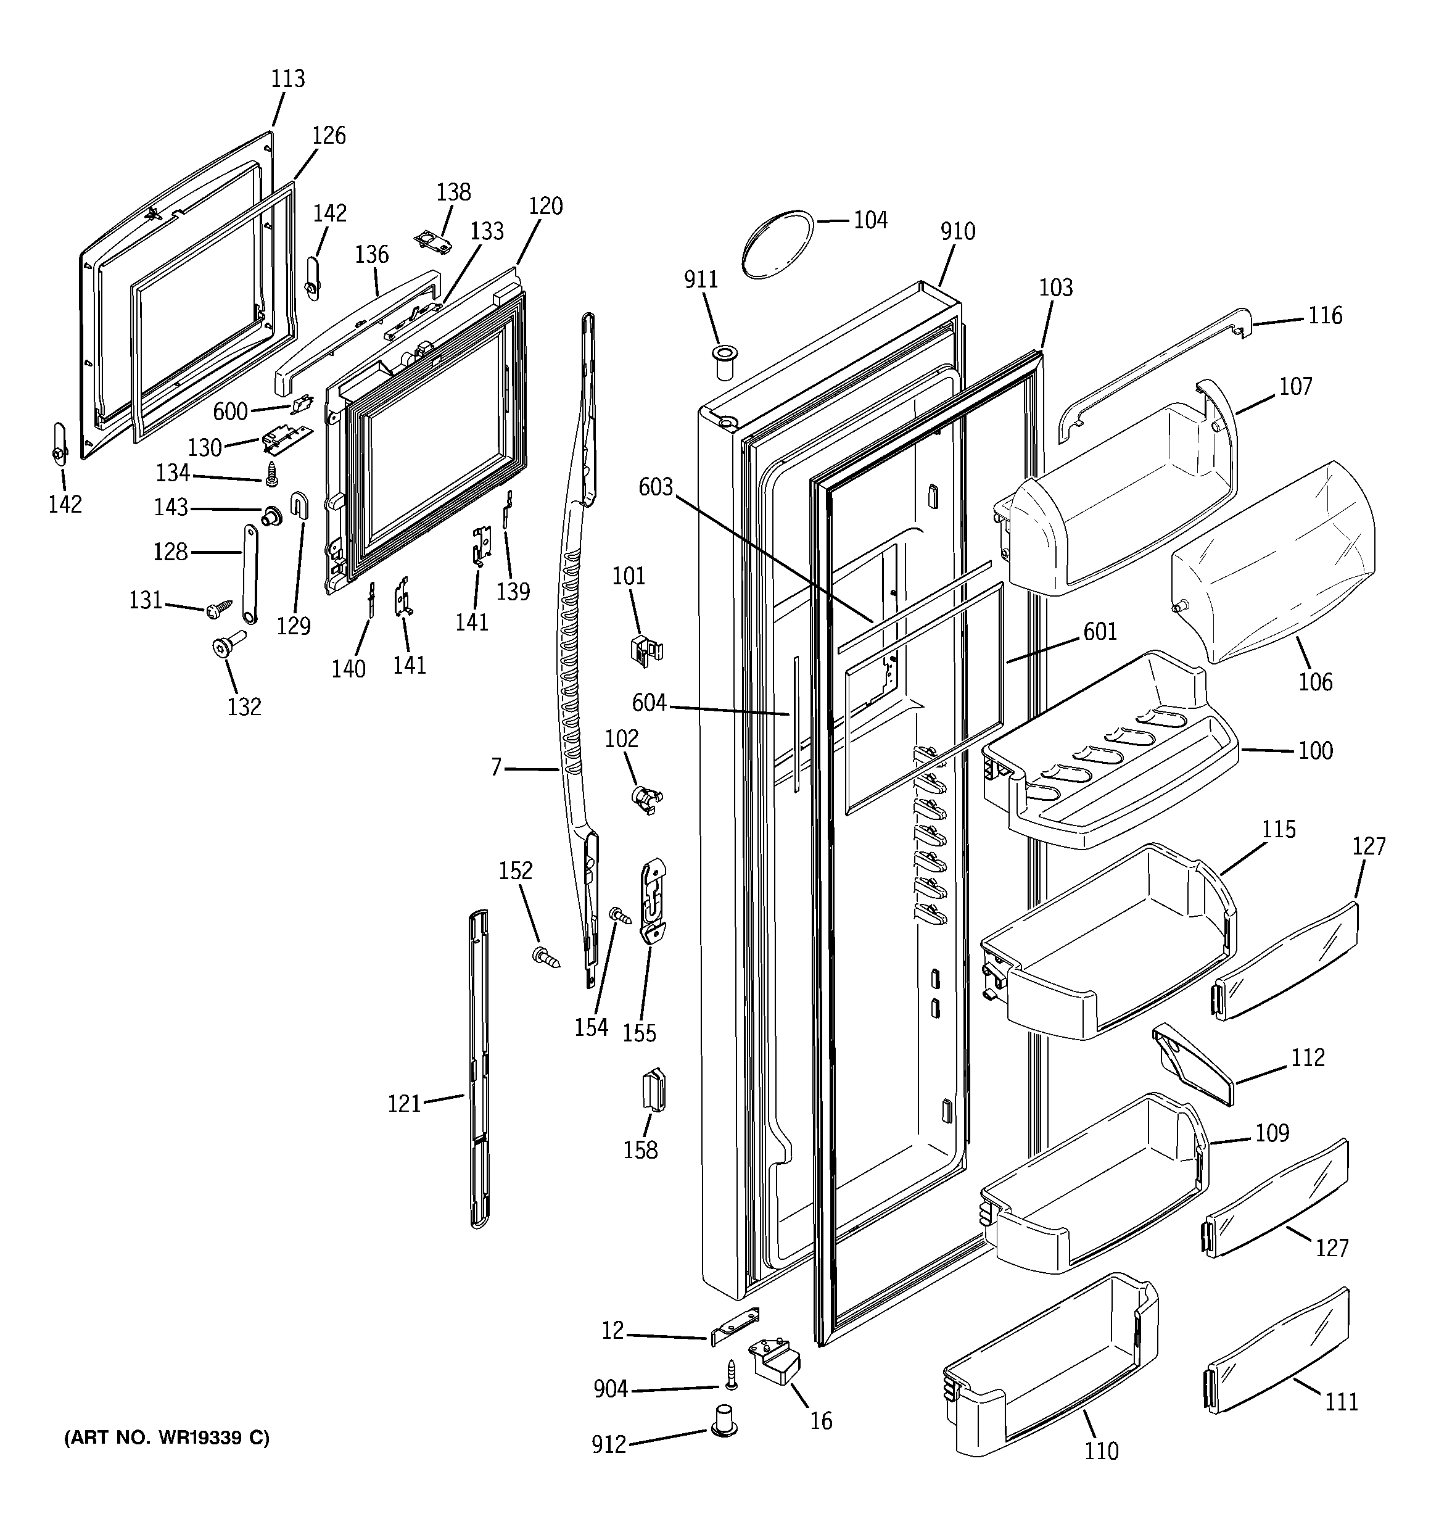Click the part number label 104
(x=870, y=220)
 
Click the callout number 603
(x=655, y=487)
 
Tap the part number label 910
(x=957, y=231)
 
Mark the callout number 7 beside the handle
(x=496, y=766)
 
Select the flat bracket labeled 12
(x=735, y=1326)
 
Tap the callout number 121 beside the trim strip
(x=405, y=1104)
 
